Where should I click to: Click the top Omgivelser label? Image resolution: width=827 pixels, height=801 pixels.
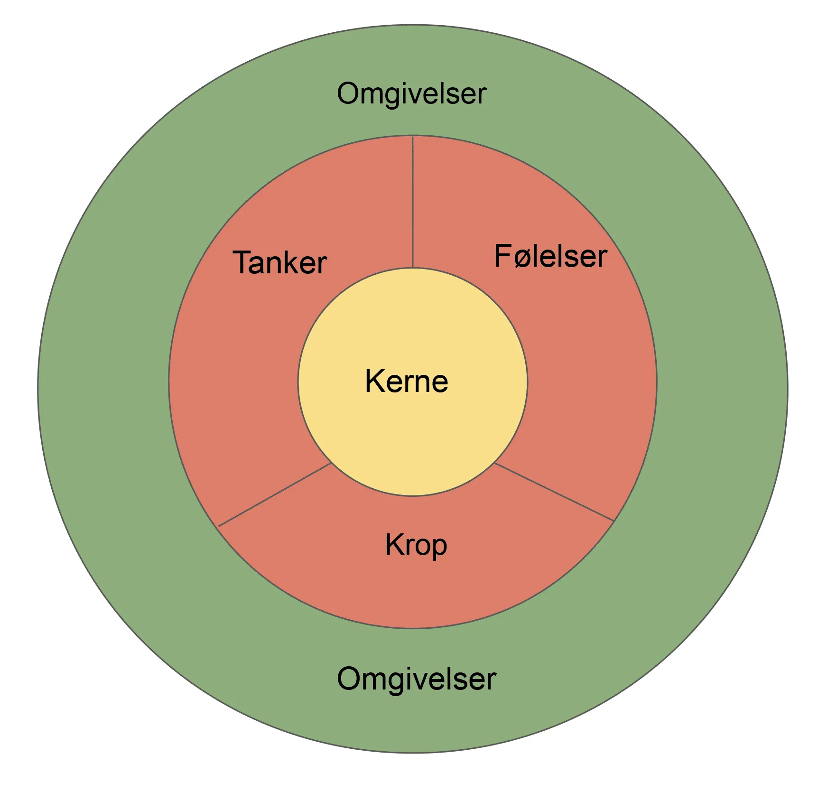click(411, 94)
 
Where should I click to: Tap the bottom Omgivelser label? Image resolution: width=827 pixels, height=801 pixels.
click(416, 680)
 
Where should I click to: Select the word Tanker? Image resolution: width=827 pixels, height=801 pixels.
click(279, 262)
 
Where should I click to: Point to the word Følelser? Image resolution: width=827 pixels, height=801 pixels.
click(550, 256)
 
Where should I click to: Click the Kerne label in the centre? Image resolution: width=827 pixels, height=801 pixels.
click(407, 381)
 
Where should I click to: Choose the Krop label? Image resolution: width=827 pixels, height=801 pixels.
click(416, 546)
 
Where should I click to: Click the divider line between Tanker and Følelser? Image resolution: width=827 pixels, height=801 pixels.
click(413, 202)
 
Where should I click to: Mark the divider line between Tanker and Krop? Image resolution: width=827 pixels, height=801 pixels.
click(274, 495)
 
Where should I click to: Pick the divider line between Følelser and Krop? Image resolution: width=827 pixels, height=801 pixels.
click(554, 492)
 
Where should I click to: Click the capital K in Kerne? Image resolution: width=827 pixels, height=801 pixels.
click(374, 381)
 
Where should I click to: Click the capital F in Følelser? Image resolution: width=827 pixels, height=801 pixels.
click(503, 256)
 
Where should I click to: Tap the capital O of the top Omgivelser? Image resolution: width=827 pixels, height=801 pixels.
click(349, 94)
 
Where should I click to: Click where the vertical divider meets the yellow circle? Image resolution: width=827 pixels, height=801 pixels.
click(413, 268)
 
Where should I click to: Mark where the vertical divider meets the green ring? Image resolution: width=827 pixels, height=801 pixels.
click(413, 136)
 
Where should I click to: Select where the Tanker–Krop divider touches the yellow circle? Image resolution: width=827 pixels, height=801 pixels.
click(331, 463)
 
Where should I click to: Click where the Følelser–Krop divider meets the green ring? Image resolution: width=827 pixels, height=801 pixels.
click(614, 522)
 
